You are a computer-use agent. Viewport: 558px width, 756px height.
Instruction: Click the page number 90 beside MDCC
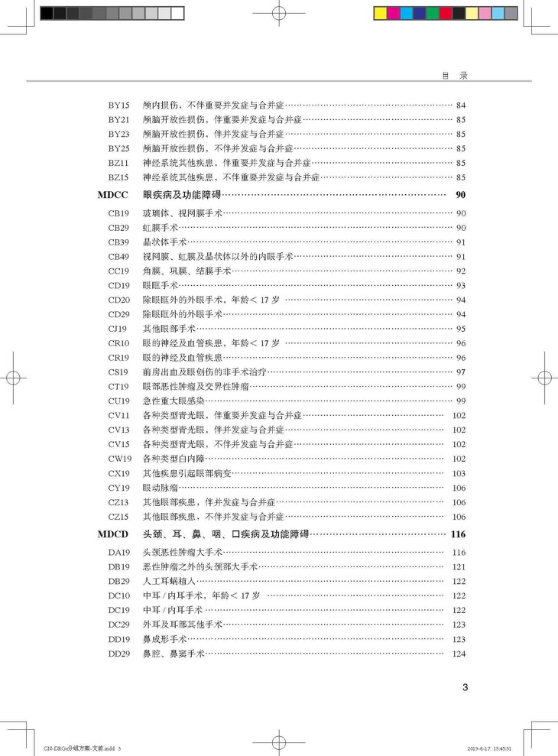[460, 195]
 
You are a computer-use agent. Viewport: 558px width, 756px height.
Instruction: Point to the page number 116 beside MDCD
[458, 534]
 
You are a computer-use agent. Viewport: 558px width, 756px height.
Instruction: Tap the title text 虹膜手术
[161, 228]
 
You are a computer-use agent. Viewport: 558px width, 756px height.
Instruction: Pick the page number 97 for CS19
[460, 372]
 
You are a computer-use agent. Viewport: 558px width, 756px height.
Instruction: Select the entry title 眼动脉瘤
[161, 488]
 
